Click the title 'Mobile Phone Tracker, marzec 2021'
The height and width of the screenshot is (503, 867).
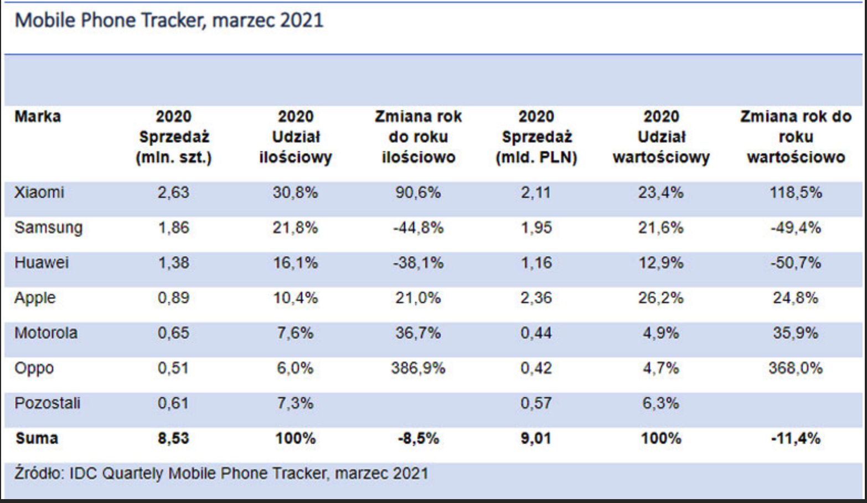click(169, 20)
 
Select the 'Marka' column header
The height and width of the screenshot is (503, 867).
click(38, 117)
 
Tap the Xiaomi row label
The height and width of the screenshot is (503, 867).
click(39, 193)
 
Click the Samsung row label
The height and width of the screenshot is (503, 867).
click(49, 228)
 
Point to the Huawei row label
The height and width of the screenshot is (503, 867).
click(42, 263)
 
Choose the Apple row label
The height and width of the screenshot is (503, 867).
click(35, 298)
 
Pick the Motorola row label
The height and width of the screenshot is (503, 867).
click(46, 333)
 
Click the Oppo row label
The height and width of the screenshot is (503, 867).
click(34, 368)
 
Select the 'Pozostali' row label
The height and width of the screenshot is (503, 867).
click(48, 403)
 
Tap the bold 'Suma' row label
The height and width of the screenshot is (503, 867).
click(37, 439)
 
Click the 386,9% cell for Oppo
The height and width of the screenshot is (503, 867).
click(418, 368)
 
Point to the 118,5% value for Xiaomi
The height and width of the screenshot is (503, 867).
click(796, 193)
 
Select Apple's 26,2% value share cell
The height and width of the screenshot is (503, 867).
click(660, 298)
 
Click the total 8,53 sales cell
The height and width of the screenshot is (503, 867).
click(173, 439)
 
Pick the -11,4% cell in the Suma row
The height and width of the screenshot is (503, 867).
click(796, 439)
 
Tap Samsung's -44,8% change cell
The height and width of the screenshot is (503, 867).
click(418, 228)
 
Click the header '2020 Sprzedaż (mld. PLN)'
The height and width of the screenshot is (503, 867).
click(536, 137)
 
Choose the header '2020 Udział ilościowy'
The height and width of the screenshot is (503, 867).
click(295, 137)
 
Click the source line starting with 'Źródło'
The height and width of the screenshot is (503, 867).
click(221, 474)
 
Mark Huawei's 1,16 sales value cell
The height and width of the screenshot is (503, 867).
click(536, 263)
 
